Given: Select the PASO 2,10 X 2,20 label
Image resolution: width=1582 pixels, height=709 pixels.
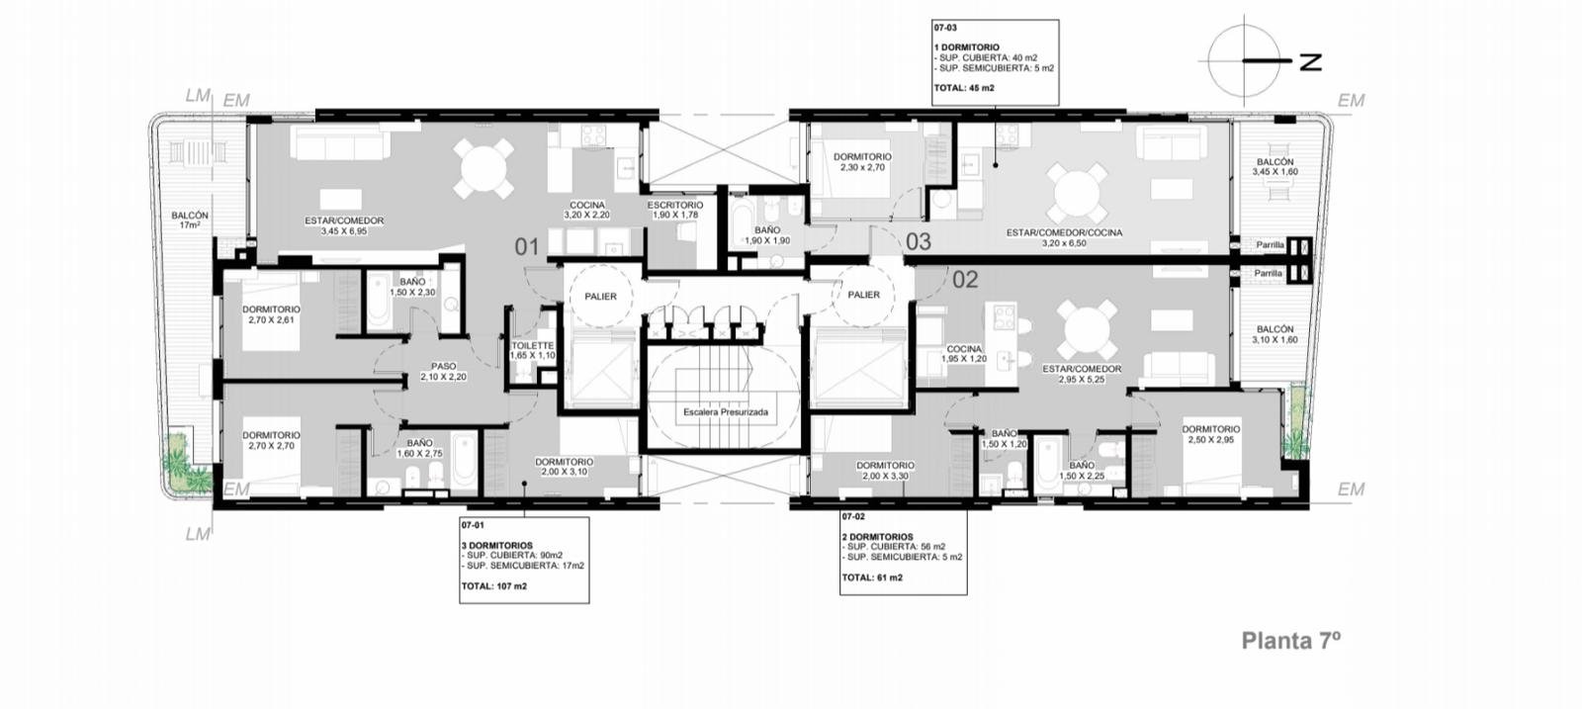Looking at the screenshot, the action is pos(444,372).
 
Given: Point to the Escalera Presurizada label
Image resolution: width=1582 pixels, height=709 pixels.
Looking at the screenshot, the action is pos(726,411).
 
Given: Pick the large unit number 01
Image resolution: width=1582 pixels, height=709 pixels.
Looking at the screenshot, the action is pos(527,247).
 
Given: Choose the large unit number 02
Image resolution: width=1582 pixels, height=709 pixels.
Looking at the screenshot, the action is pos(965,280).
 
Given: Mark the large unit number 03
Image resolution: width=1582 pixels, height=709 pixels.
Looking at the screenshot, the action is pos(919,241).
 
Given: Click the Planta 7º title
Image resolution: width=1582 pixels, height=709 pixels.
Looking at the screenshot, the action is pos(1291,641).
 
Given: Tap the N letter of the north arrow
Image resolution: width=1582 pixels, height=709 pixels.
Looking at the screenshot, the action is pos(1310,62).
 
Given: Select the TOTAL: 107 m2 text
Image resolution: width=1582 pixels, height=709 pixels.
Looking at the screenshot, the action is pos(494,586).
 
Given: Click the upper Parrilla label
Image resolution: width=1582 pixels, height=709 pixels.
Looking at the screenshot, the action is pos(1270,245).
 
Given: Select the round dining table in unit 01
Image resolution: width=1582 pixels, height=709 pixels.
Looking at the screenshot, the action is pos(483,168).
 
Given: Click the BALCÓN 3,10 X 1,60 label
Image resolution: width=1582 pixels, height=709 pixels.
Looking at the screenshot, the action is pos(1275,334).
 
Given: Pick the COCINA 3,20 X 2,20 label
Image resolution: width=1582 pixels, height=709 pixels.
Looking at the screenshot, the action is pos(587,210).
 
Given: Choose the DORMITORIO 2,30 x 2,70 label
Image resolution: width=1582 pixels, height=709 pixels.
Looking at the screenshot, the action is pos(862,162).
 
